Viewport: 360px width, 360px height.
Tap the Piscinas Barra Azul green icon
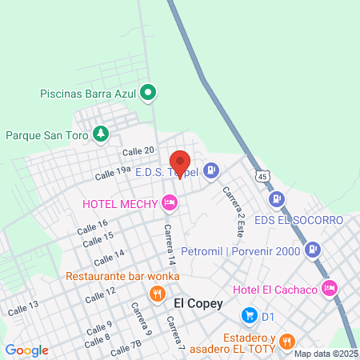(148, 93)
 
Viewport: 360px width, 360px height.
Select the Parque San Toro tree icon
(101, 134)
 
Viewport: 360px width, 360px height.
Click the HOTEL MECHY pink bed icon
(169, 203)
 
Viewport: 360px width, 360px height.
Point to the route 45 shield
(263, 174)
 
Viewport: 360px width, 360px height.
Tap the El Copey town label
(193, 303)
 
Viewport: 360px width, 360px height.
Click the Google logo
(26, 350)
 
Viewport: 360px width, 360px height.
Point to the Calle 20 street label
(138, 151)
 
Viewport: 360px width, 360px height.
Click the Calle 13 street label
(22, 306)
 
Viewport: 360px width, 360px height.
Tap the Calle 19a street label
(113, 170)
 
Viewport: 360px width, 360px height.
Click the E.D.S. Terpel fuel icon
(211, 170)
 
